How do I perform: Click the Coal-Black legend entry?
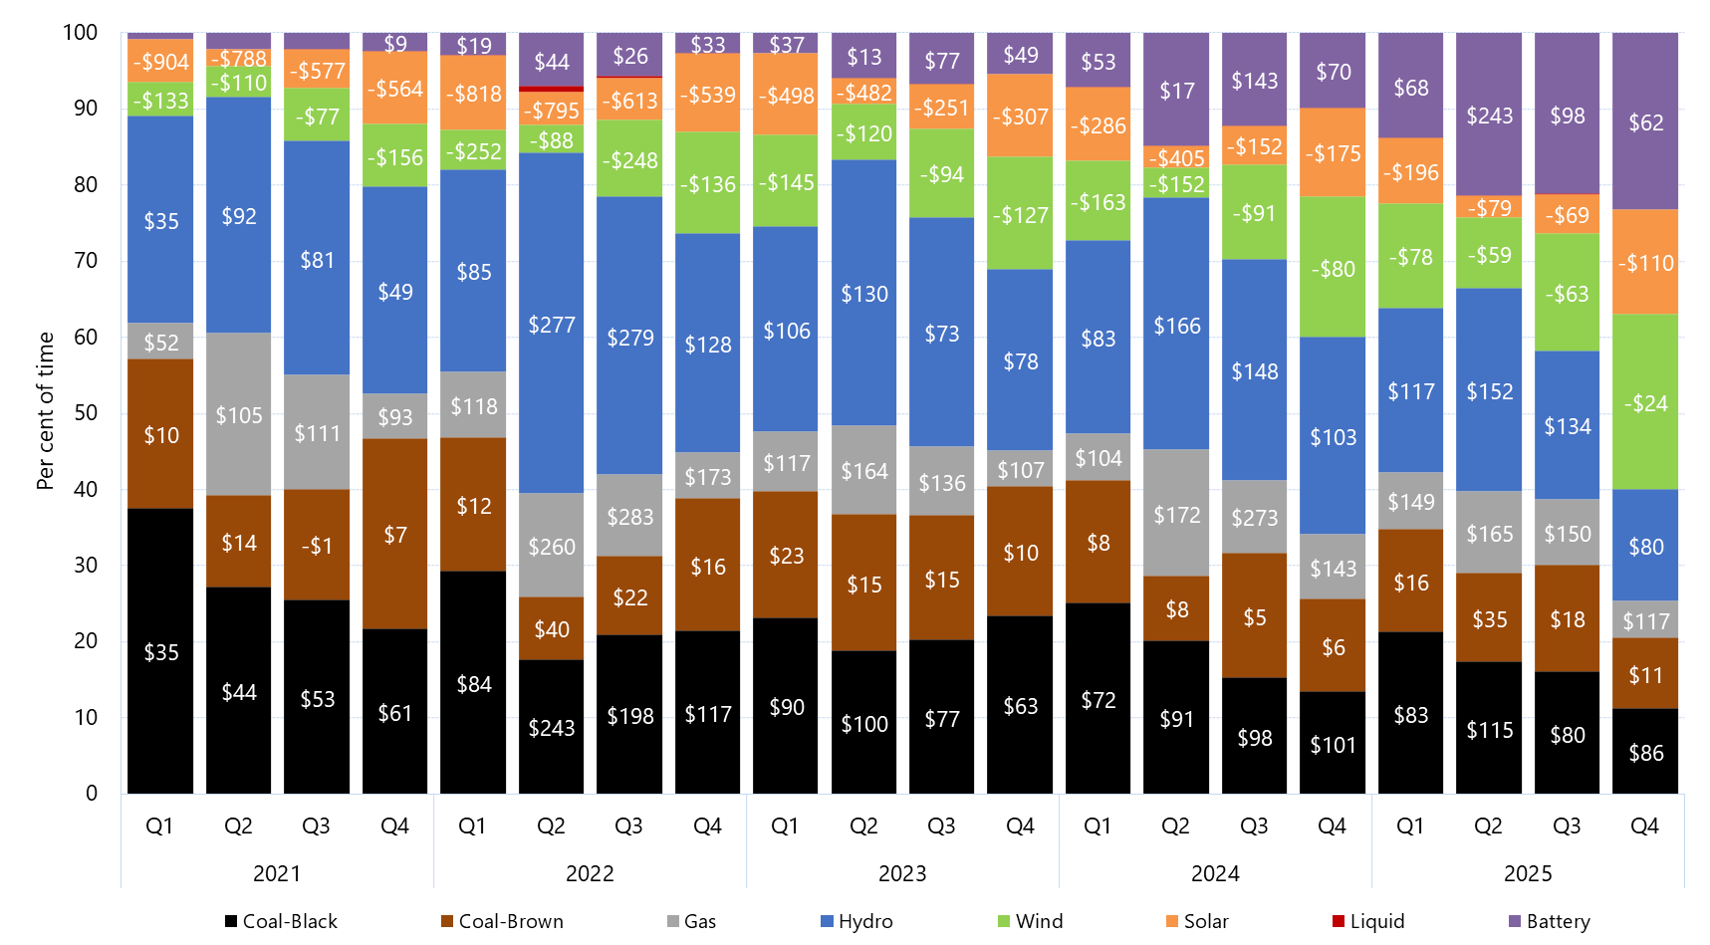click(x=281, y=921)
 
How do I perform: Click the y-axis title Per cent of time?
click(x=45, y=410)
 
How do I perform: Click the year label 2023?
click(x=902, y=873)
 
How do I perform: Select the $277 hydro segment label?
click(x=552, y=325)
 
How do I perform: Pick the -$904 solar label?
click(x=160, y=62)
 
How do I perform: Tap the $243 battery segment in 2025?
click(x=1489, y=116)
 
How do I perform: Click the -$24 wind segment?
click(x=1645, y=403)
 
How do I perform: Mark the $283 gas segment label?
click(x=630, y=517)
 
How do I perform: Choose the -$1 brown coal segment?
click(x=317, y=546)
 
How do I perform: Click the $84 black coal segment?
click(x=474, y=684)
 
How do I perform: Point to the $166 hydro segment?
click(x=1176, y=326)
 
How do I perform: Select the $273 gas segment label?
click(x=1255, y=518)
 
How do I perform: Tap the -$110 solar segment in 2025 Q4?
click(x=1645, y=263)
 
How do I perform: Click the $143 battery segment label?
click(x=1255, y=81)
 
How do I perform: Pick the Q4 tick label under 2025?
click(x=1644, y=826)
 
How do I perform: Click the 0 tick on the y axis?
click(x=92, y=794)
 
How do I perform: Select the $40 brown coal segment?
click(x=552, y=629)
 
